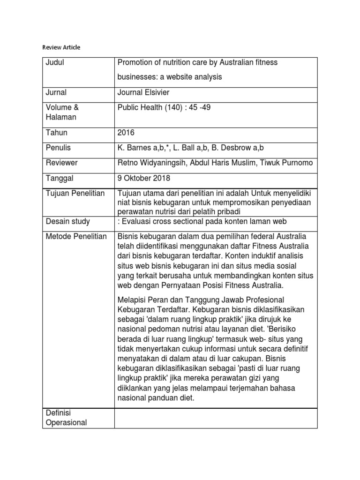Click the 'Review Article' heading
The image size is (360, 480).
pyautogui.click(x=61, y=47)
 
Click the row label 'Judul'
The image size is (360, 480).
pyautogui.click(x=54, y=63)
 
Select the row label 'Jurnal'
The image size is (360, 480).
pyautogui.click(x=56, y=92)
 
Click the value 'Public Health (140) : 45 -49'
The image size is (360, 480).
pyautogui.click(x=164, y=107)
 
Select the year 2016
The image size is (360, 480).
pyautogui.click(x=126, y=133)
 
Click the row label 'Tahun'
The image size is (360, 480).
pyautogui.click(x=56, y=133)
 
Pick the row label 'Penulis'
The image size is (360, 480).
pyautogui.click(x=58, y=148)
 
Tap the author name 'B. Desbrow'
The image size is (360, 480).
pyautogui.click(x=236, y=148)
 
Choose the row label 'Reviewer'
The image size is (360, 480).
pyautogui.click(x=61, y=163)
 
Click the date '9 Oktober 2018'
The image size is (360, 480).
pyautogui.click(x=143, y=178)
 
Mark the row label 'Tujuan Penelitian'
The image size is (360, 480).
pyautogui.click(x=75, y=193)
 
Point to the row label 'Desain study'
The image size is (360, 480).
pyautogui.click(x=67, y=221)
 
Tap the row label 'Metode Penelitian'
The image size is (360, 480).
pyautogui.click(x=76, y=236)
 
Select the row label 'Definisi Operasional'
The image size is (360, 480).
pyautogui.click(x=66, y=417)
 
